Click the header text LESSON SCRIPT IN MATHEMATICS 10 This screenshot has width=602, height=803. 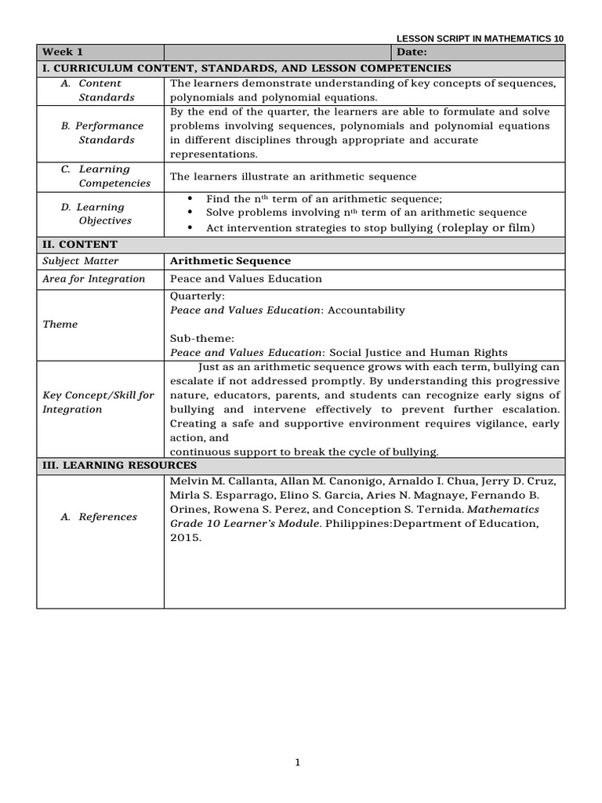click(x=479, y=38)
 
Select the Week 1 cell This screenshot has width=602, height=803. click(x=57, y=53)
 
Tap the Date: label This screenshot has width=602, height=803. click(x=412, y=53)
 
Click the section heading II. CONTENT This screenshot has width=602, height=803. click(x=79, y=245)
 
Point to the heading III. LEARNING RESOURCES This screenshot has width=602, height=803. click(x=119, y=466)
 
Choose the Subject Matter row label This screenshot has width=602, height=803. click(x=80, y=261)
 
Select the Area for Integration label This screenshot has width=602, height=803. click(x=93, y=279)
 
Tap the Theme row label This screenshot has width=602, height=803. click(x=60, y=324)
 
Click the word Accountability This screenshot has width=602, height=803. click(x=366, y=311)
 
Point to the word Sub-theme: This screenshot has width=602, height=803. click(x=202, y=339)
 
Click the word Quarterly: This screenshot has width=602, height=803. click(x=198, y=296)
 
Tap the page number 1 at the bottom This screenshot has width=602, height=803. click(x=299, y=762)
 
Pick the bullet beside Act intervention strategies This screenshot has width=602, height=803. click(x=192, y=228)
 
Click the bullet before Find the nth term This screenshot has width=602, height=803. click(x=192, y=199)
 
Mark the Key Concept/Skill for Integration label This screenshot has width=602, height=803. click(x=98, y=402)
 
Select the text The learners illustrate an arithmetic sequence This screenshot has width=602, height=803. click(x=293, y=176)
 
